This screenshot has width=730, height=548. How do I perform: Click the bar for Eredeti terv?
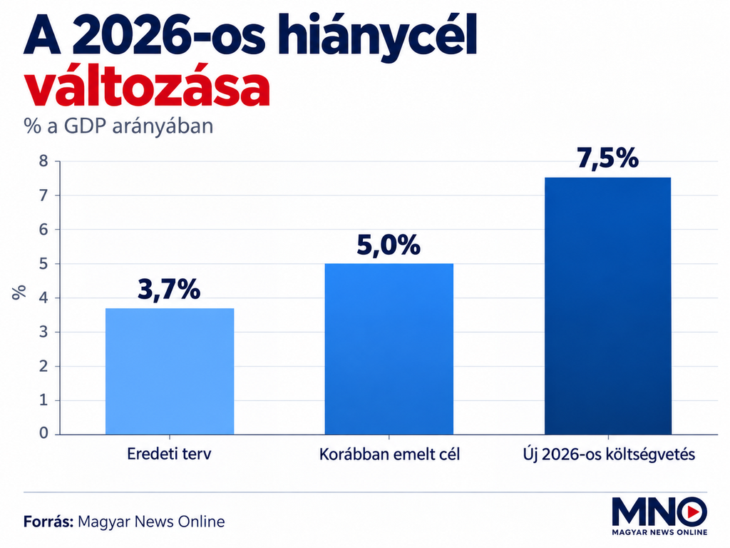170,371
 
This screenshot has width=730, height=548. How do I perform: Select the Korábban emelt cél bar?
389,349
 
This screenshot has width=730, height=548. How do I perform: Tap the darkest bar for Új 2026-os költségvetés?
607,305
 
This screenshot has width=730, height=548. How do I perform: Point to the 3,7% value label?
169,290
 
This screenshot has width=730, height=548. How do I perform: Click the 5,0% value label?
389,245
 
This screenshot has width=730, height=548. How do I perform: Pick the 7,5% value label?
607,158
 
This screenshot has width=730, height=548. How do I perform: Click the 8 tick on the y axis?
43,161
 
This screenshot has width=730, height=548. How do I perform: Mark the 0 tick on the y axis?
43,433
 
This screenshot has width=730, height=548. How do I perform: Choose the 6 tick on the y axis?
43,229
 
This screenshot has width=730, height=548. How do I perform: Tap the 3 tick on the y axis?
43,332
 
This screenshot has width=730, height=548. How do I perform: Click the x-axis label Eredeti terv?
169,454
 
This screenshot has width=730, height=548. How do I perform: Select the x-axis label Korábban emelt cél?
389,454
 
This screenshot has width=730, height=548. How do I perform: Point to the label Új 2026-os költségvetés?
609,455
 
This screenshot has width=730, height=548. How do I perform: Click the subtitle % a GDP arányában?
118,126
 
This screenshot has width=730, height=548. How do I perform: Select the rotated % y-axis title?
19,292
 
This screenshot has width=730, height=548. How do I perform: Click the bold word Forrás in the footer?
48,521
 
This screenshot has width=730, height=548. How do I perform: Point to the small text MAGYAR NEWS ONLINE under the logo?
659,532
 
